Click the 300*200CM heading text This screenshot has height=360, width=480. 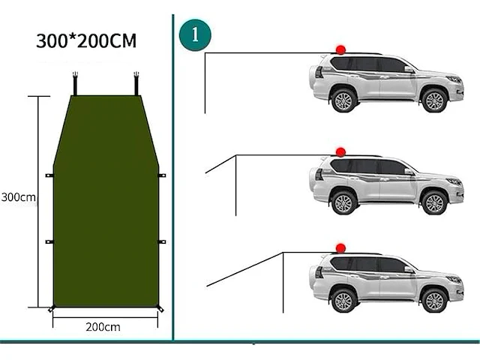(x=86, y=41)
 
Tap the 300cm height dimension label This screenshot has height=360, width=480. (x=18, y=198)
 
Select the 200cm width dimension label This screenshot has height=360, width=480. (x=103, y=326)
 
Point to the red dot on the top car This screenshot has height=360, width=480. (x=340, y=49)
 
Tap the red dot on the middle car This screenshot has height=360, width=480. (x=340, y=151)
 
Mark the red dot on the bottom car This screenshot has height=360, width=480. (x=340, y=247)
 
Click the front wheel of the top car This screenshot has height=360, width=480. (x=433, y=100)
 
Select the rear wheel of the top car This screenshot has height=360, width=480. (x=343, y=100)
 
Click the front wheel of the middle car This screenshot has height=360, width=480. (x=433, y=202)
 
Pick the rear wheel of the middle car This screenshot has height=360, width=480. (x=343, y=202)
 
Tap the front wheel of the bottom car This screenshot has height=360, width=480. (x=433, y=299)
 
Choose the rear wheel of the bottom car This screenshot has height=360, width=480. (x=343, y=299)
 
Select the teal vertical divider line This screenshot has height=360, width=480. (x=173, y=180)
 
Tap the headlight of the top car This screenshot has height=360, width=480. (x=454, y=79)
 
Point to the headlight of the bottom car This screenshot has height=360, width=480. (x=454, y=279)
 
